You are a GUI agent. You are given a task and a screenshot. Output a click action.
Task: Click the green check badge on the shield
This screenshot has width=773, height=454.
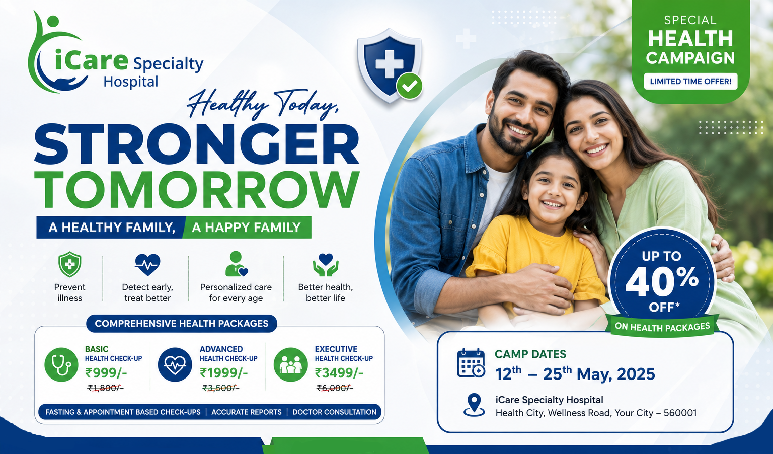click(x=409, y=86)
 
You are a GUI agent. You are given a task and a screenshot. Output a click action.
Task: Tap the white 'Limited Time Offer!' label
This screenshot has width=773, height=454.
click(x=690, y=82)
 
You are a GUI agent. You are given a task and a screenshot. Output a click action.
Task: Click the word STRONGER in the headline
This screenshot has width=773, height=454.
click(x=197, y=143)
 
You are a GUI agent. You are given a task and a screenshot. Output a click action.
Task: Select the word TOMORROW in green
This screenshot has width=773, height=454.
click(x=197, y=189)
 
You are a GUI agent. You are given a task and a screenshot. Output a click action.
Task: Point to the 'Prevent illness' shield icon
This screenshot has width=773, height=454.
click(x=70, y=264)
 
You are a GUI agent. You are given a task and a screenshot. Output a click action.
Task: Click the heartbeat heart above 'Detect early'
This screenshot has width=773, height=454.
click(x=147, y=264)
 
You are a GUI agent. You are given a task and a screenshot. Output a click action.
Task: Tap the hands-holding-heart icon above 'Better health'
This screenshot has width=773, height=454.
click(x=326, y=264)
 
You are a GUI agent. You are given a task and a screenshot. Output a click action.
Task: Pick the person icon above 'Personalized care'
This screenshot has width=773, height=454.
click(x=237, y=264)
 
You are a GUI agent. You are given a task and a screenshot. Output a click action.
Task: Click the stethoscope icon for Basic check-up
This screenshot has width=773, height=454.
click(x=61, y=364)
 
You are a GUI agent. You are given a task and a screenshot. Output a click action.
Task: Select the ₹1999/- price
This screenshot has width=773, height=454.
click(x=223, y=373)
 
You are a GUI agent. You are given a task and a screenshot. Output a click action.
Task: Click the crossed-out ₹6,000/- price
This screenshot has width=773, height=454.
click(x=335, y=388)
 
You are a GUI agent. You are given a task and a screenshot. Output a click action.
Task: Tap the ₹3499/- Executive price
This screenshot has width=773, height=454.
click(x=339, y=373)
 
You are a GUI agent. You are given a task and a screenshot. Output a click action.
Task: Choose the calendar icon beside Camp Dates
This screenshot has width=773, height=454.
click(x=471, y=363)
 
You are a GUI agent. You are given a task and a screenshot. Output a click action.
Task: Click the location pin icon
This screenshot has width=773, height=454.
click(x=474, y=405)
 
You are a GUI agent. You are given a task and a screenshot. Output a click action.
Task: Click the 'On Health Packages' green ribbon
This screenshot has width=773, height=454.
click(x=662, y=326)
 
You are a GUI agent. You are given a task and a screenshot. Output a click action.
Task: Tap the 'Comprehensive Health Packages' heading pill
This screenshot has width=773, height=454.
click(x=182, y=324)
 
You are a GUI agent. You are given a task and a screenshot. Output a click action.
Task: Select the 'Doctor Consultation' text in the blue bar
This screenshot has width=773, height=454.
click(x=334, y=412)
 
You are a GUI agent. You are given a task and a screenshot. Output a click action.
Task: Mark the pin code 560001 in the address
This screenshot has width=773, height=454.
click(x=680, y=413)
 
